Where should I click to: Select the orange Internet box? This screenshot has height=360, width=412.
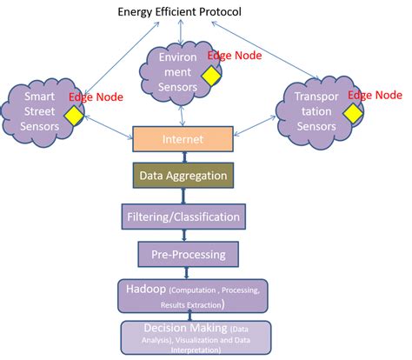click(183, 137)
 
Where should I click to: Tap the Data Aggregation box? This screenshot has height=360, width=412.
click(183, 176)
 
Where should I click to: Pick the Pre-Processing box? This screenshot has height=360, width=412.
click(184, 254)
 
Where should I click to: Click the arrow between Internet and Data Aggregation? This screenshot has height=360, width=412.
click(183, 156)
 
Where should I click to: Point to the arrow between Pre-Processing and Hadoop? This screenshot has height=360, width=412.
click(183, 273)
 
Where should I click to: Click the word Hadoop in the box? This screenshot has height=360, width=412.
click(139, 288)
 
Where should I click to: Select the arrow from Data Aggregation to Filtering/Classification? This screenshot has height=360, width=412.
click(183, 196)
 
